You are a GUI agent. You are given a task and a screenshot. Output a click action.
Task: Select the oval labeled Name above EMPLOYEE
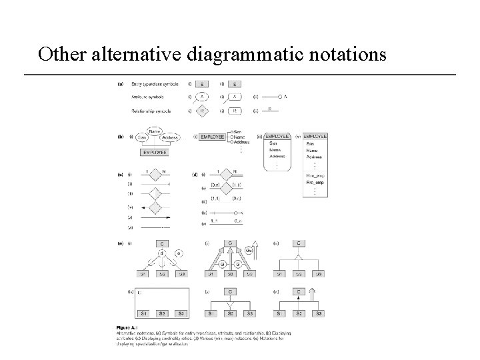[x=155, y=132]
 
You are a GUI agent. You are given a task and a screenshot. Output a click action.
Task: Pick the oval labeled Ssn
[x=142, y=138]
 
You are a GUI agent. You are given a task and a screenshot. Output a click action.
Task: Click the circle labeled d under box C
[x=161, y=253]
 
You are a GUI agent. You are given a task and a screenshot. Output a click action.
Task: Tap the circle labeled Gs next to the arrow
[x=248, y=250]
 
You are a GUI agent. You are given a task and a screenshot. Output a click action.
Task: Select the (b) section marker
[x=121, y=137]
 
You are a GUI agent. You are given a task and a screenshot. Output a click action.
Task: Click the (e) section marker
[x=121, y=243]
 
